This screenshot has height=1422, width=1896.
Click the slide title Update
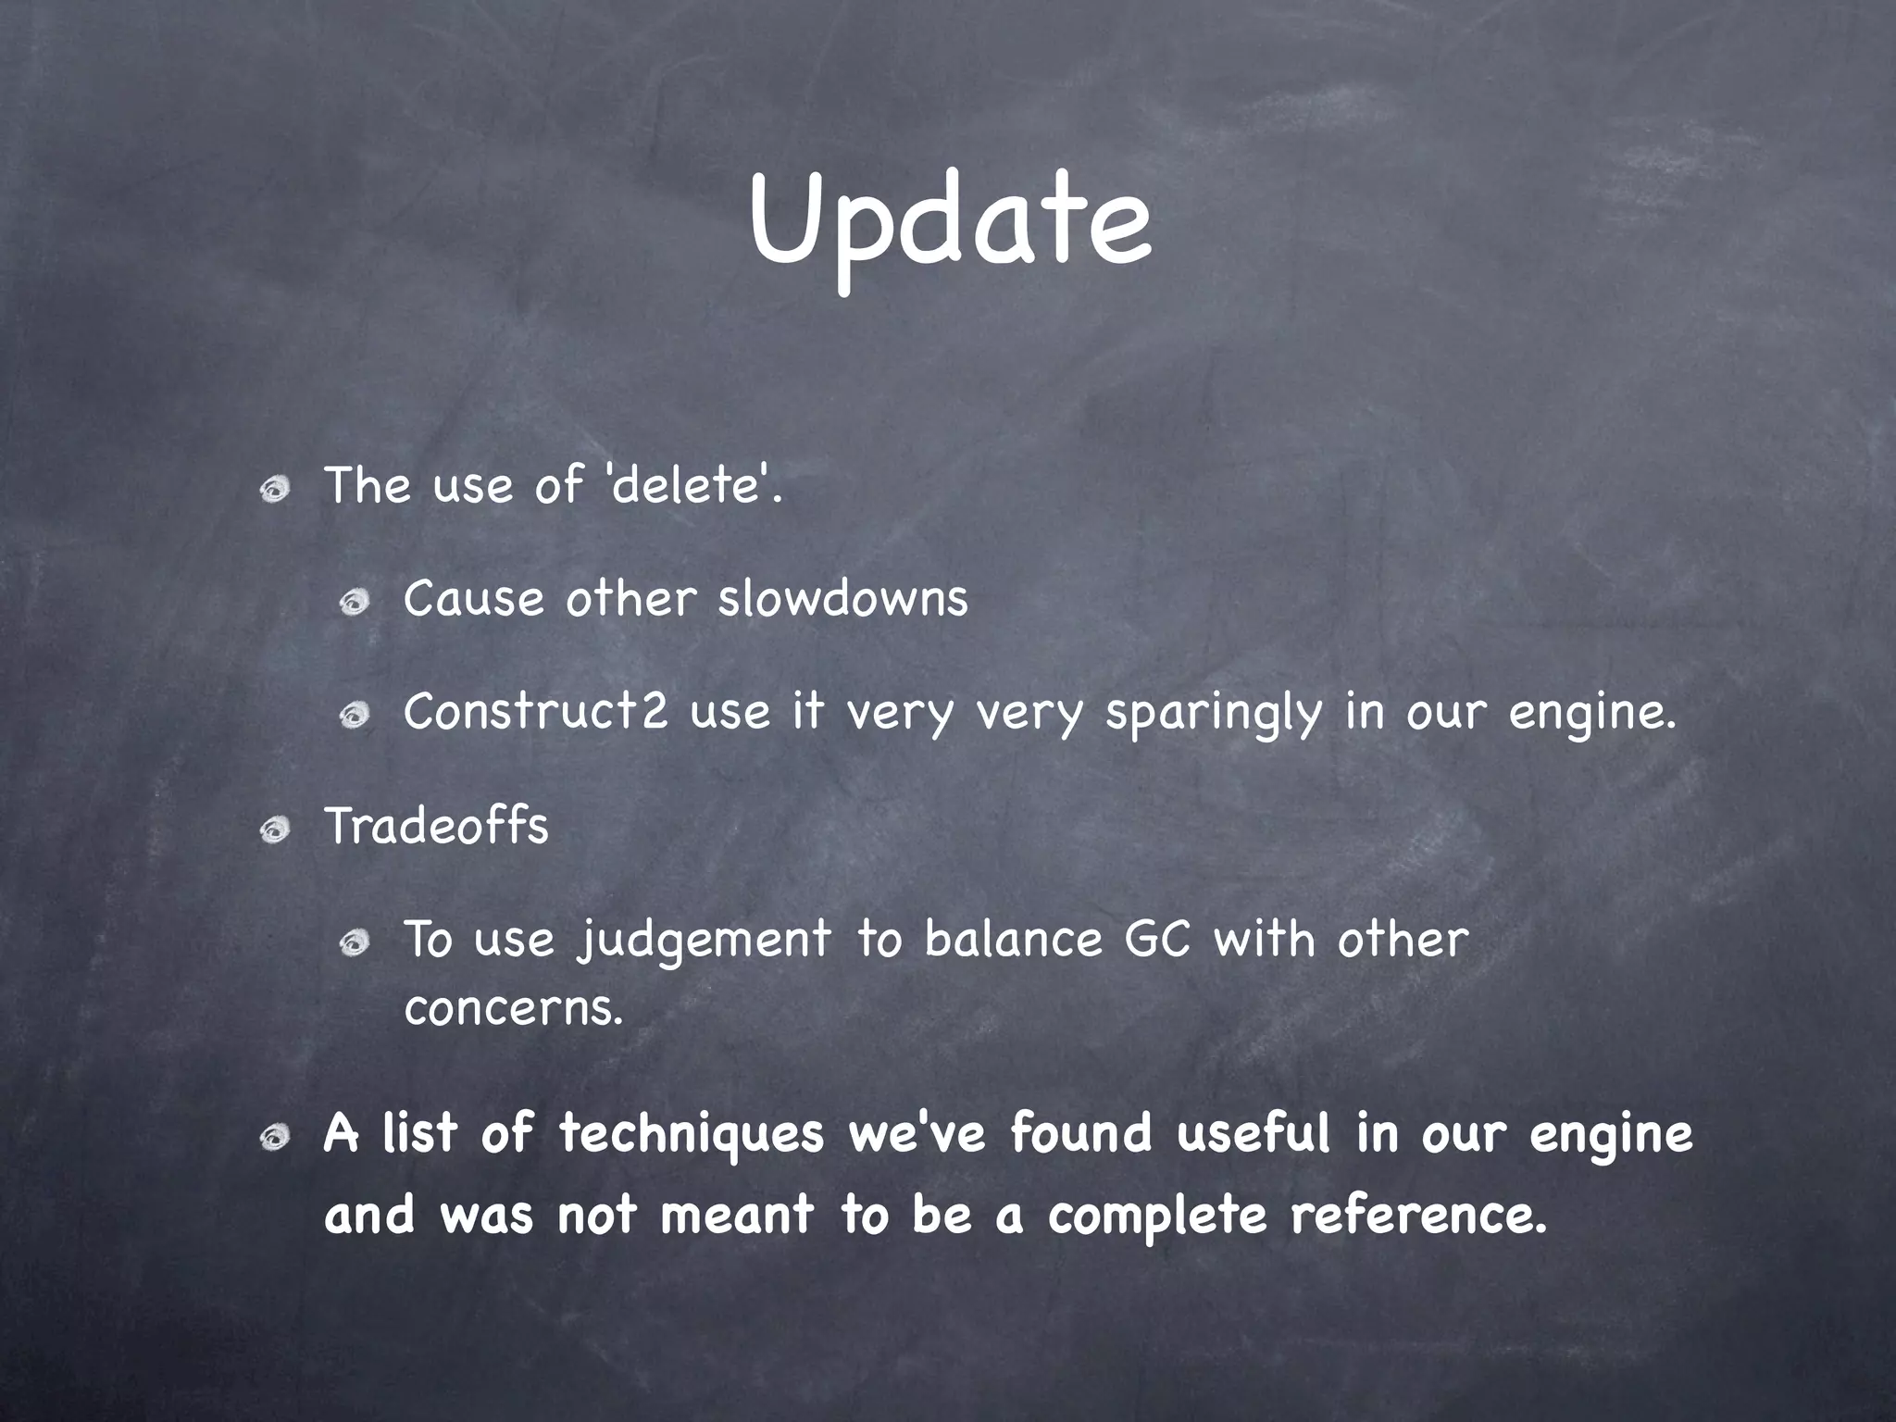950,222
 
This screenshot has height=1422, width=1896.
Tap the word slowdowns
842,598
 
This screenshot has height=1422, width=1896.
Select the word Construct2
535,712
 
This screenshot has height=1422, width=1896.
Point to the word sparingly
1213,714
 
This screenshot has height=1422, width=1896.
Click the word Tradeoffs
436,826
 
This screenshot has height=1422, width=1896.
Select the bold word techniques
691,1134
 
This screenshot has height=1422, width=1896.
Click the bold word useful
1254,1133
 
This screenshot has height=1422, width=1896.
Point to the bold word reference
1418,1215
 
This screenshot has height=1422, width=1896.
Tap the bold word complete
1156,1216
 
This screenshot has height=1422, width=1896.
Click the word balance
1013,940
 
